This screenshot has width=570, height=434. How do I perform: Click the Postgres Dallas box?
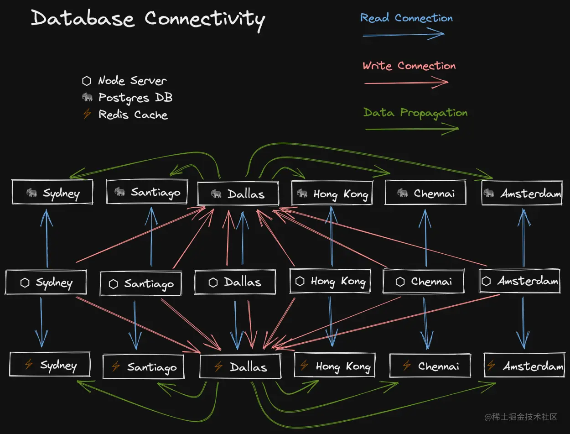(238, 194)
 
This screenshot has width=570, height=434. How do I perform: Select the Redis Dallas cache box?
(240, 366)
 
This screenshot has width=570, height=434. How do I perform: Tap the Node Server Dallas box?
(235, 282)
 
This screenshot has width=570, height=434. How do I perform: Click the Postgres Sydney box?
(52, 193)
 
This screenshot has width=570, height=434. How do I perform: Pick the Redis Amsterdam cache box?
(523, 366)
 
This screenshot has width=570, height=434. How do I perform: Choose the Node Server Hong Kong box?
(330, 281)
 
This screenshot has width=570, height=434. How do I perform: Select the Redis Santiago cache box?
(143, 366)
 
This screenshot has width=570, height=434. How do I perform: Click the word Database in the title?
(83, 19)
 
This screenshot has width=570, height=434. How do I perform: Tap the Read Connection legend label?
(406, 18)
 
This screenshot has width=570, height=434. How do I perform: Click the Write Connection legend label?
(409, 66)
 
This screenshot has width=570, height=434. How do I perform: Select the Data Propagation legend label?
(415, 113)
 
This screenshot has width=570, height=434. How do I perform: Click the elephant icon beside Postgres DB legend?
(87, 97)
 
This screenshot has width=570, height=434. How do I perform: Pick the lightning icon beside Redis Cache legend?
(87, 114)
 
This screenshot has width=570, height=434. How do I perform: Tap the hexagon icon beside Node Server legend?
(87, 81)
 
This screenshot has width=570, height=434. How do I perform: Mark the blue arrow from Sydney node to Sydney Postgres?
(47, 237)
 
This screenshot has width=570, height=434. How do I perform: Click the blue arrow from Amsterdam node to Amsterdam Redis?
(523, 324)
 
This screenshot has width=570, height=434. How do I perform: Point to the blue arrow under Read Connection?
(403, 35)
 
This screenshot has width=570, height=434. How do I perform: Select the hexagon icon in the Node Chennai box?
(400, 282)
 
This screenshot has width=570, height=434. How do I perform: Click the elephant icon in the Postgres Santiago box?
(119, 192)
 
